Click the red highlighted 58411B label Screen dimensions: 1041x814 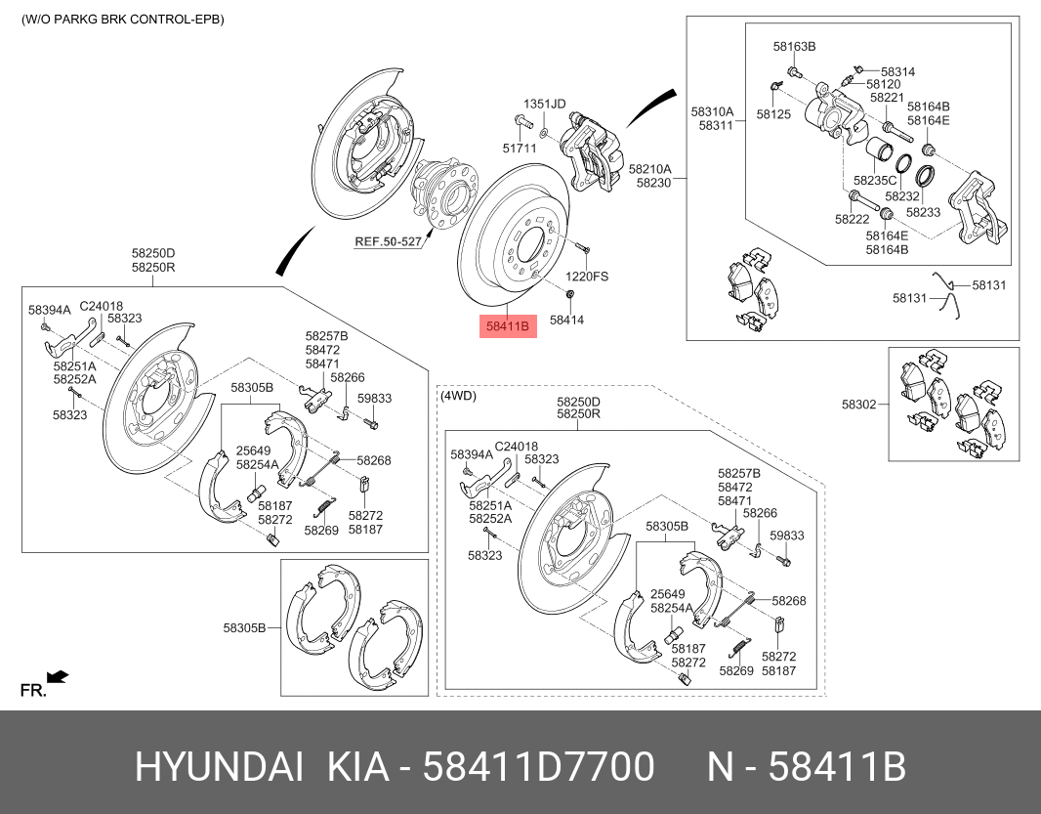click(x=508, y=326)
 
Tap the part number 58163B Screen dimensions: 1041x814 click(x=794, y=47)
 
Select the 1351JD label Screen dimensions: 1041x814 click(x=544, y=104)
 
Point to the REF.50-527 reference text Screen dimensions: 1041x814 click(x=389, y=242)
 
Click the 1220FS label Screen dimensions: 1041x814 click(x=587, y=277)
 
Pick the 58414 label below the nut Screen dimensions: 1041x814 click(x=567, y=320)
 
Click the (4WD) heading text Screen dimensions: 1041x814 click(x=459, y=396)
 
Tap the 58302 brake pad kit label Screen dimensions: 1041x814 click(x=859, y=404)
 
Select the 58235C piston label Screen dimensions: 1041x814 click(x=875, y=180)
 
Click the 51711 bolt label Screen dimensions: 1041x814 click(x=520, y=149)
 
